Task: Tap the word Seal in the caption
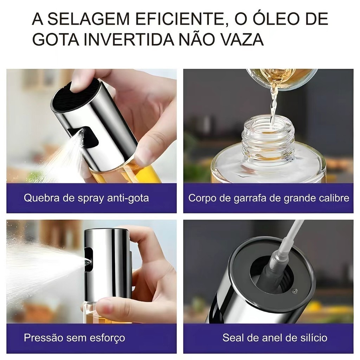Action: [232, 338]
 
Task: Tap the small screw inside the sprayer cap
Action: [294, 291]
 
